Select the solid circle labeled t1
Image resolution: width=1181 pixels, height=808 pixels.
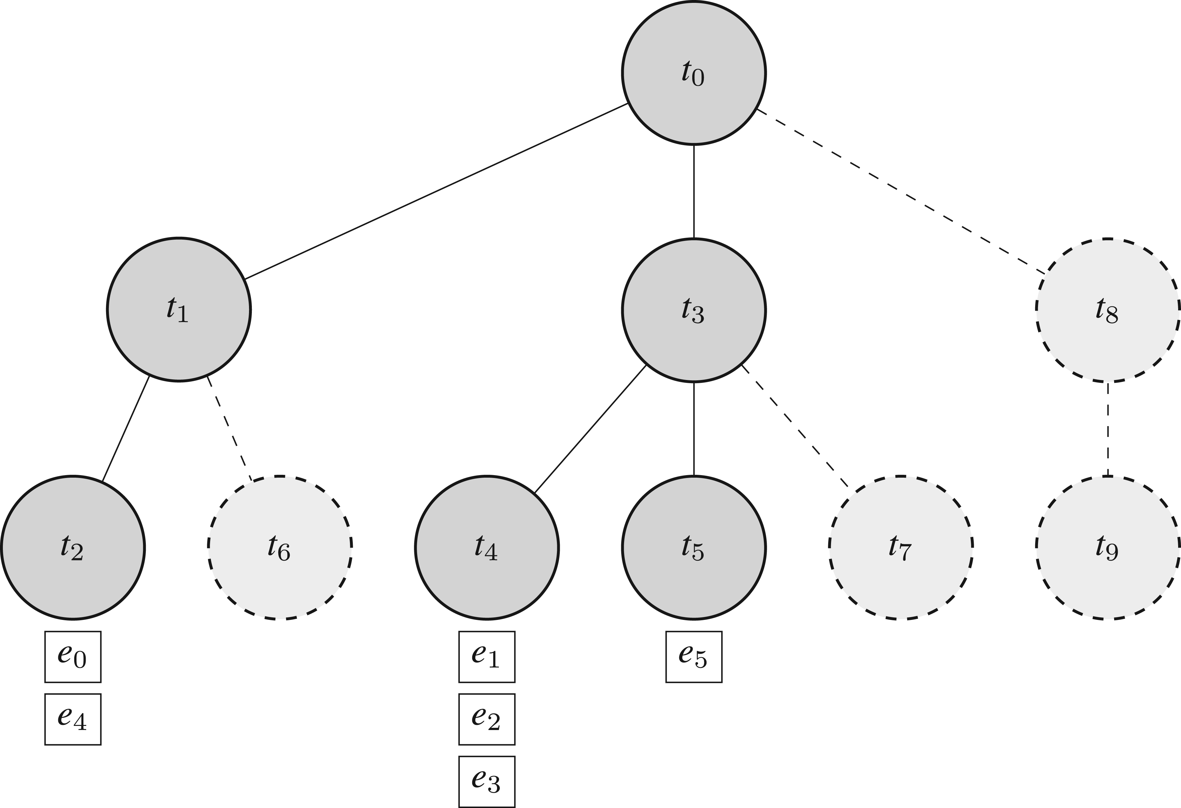[x=178, y=309]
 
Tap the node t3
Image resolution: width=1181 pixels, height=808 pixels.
[x=694, y=310]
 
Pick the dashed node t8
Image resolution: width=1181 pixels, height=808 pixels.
[x=1108, y=310]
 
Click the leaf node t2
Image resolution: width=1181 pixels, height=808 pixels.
[x=73, y=547]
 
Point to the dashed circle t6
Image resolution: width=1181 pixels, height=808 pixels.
[x=280, y=547]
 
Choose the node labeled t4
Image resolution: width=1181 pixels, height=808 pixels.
[x=487, y=547]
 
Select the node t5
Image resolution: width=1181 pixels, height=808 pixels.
[x=694, y=547]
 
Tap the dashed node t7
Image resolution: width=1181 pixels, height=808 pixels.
[x=900, y=547]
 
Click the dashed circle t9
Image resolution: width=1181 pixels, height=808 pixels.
[x=1108, y=547]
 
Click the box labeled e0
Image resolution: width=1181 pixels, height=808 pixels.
[x=73, y=657]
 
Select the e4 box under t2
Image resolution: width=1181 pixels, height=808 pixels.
[x=73, y=719]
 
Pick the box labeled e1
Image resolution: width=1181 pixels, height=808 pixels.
[x=487, y=657]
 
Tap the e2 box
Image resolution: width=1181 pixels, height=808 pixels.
[x=487, y=719]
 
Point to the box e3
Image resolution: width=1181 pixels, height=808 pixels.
[x=487, y=782]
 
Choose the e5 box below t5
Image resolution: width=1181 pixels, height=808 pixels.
[x=694, y=657]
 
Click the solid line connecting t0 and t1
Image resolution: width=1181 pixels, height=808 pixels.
[x=436, y=192]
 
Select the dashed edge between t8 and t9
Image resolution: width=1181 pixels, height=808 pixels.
[x=1108, y=429]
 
